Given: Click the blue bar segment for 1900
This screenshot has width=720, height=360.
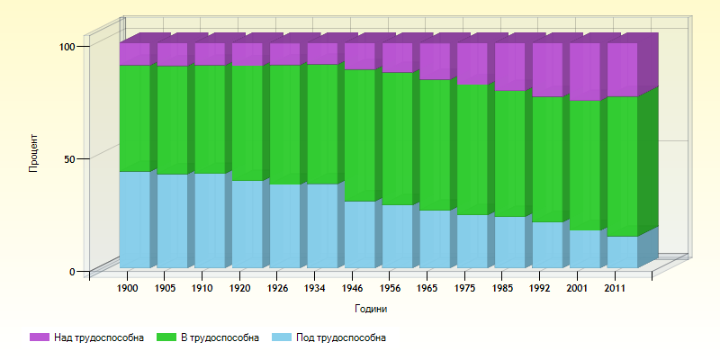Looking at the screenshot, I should (134, 219).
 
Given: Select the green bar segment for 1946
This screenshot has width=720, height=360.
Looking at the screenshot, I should (359, 135).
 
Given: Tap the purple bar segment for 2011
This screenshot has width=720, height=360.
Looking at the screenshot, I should (622, 69).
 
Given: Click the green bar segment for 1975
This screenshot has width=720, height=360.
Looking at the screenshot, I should (472, 148).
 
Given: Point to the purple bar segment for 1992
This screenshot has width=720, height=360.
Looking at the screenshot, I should (546, 69).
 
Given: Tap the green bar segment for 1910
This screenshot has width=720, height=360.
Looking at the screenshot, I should (210, 119).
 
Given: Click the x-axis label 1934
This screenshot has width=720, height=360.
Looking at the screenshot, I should (315, 289).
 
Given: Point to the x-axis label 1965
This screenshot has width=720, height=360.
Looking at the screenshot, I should (427, 289).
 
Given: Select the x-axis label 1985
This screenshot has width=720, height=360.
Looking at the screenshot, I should (502, 289).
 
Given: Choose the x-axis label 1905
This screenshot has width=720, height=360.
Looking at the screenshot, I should (165, 289).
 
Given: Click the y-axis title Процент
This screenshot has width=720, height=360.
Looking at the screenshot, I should (33, 153).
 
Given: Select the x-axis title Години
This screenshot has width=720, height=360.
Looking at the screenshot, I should (372, 309).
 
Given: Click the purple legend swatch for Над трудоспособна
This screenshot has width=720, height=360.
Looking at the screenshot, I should (40, 337).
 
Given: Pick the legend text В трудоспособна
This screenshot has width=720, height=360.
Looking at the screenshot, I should (220, 337).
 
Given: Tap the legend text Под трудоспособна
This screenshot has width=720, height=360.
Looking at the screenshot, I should (341, 337).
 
